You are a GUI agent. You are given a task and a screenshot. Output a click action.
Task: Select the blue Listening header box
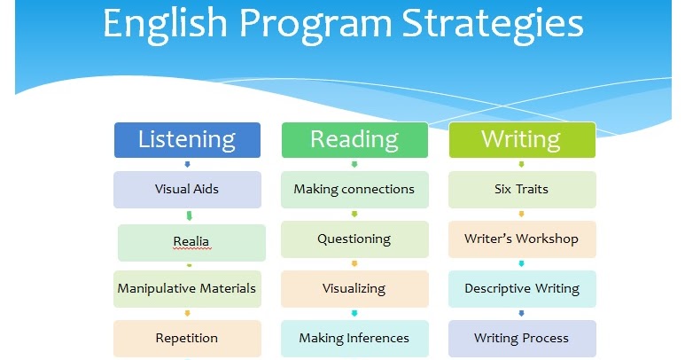click(187, 139)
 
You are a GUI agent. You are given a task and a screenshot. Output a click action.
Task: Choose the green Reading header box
click(354, 139)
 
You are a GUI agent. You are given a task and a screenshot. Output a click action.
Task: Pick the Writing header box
click(521, 139)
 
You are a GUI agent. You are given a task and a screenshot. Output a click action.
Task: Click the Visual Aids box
click(187, 189)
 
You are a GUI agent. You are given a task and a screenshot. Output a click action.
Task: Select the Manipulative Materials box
click(187, 288)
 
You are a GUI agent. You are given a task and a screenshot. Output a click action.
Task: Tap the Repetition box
click(187, 338)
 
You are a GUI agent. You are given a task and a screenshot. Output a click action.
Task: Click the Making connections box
click(354, 189)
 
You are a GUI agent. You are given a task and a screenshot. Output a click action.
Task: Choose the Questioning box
click(354, 239)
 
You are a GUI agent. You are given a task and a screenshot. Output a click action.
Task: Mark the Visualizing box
click(354, 288)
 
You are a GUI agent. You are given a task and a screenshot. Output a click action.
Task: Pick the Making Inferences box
click(354, 338)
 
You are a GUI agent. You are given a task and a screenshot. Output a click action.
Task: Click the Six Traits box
click(521, 189)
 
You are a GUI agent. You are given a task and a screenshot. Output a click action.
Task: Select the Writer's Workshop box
click(521, 239)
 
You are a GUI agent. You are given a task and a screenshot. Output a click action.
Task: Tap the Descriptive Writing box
click(521, 288)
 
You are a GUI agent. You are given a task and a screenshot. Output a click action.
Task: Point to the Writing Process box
click(521, 338)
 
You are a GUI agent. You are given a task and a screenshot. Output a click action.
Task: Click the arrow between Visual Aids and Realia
click(188, 215)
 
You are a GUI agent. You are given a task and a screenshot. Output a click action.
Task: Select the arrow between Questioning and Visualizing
click(354, 263)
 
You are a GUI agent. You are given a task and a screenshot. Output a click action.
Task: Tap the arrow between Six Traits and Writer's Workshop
click(521, 214)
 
